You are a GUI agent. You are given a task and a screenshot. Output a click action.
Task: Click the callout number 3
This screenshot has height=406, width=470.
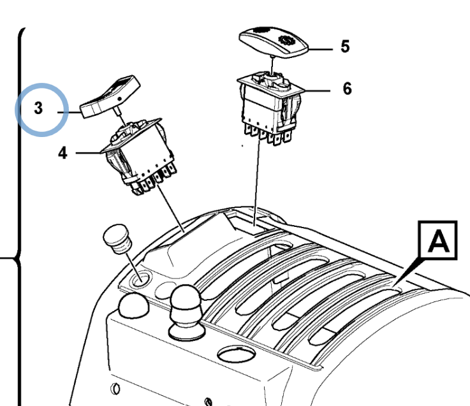[38, 108]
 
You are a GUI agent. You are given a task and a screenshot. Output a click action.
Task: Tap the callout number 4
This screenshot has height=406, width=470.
[62, 153]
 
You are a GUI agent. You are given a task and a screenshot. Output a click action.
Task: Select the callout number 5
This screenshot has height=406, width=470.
[345, 47]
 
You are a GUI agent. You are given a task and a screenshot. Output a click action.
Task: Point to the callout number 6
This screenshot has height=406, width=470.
[347, 89]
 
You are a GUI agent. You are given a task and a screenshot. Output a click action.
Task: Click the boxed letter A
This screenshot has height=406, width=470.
[438, 240]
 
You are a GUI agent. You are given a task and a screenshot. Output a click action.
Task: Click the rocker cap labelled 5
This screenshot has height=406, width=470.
[274, 42]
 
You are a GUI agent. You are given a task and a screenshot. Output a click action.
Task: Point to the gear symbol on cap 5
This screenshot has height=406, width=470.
[287, 40]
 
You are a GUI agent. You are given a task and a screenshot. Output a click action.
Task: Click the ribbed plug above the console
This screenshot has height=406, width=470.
[117, 239]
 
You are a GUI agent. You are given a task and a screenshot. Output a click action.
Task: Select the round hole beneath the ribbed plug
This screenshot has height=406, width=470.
[141, 279]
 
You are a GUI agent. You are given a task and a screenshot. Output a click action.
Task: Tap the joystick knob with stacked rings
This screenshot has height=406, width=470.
[186, 312]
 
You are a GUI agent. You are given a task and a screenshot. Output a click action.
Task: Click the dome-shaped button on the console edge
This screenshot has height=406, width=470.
[134, 305]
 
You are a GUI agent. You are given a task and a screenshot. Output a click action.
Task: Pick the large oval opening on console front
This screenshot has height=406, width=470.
[237, 354]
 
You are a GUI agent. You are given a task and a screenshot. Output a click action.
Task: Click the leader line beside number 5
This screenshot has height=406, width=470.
[320, 50]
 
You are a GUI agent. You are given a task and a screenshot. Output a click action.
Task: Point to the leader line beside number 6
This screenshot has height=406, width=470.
[317, 91]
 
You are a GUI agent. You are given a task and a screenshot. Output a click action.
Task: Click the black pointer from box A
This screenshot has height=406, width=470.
[410, 271]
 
